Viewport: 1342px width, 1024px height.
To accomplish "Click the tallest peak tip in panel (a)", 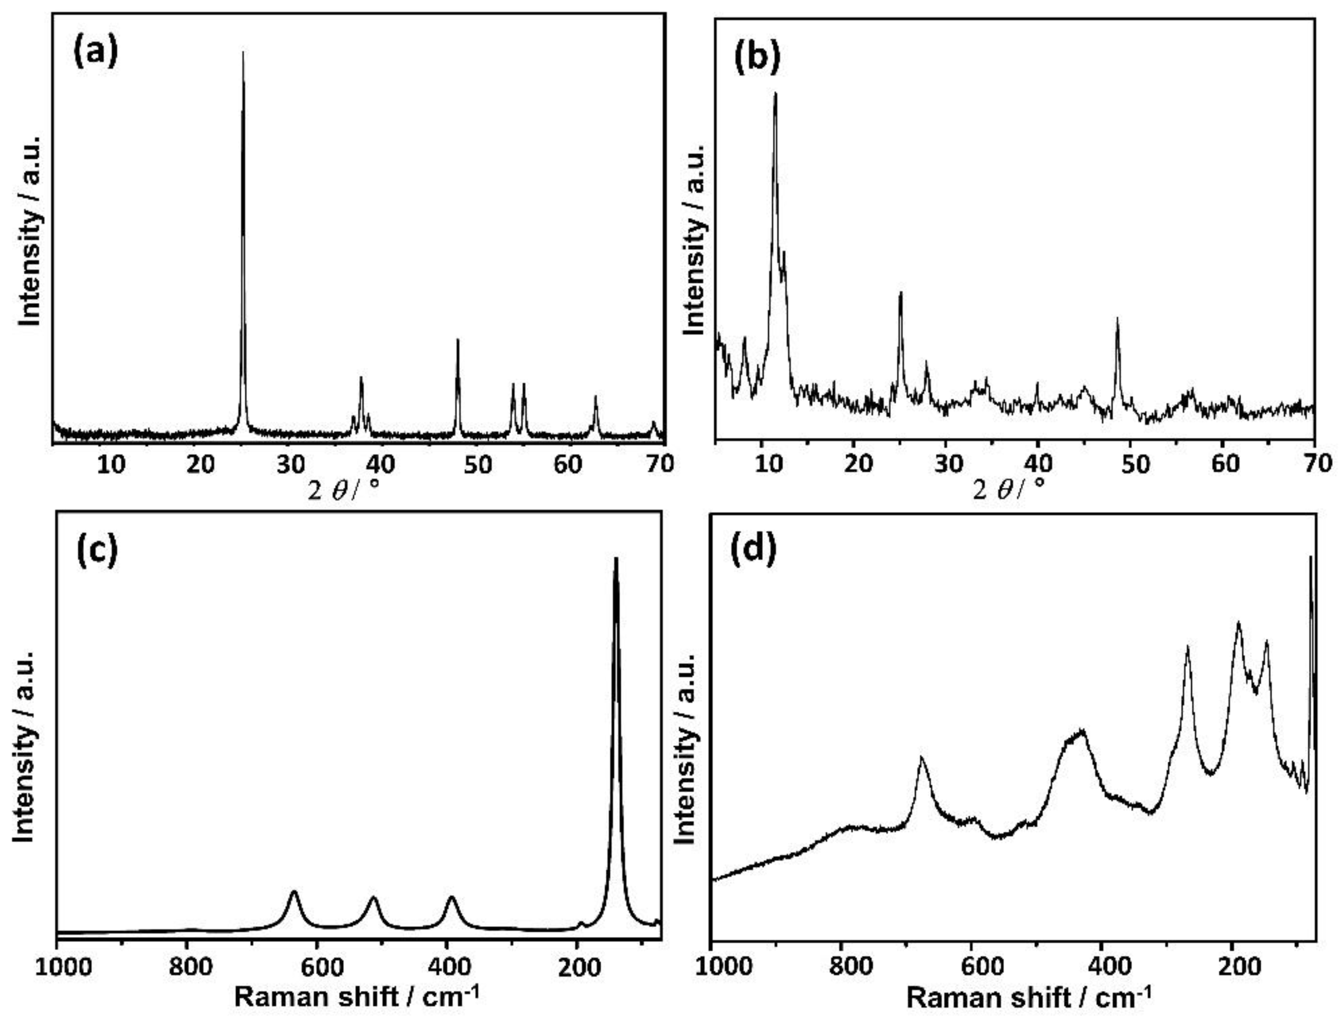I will (243, 52).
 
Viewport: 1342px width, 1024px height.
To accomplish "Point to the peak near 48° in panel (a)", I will (458, 340).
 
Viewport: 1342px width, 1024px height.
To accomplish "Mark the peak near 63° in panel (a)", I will (595, 397).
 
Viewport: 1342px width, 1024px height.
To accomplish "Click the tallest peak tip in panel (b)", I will (775, 93).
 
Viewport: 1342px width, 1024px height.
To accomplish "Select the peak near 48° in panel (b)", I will (1117, 318).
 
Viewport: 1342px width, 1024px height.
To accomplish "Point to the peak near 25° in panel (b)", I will (900, 293).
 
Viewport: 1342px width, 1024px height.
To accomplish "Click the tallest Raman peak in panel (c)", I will (616, 558).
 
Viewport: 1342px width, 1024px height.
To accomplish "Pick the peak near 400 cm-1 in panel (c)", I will (451, 896).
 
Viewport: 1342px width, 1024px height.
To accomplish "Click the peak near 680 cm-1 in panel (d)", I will (921, 758).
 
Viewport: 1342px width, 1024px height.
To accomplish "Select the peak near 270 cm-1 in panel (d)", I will (1187, 647).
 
